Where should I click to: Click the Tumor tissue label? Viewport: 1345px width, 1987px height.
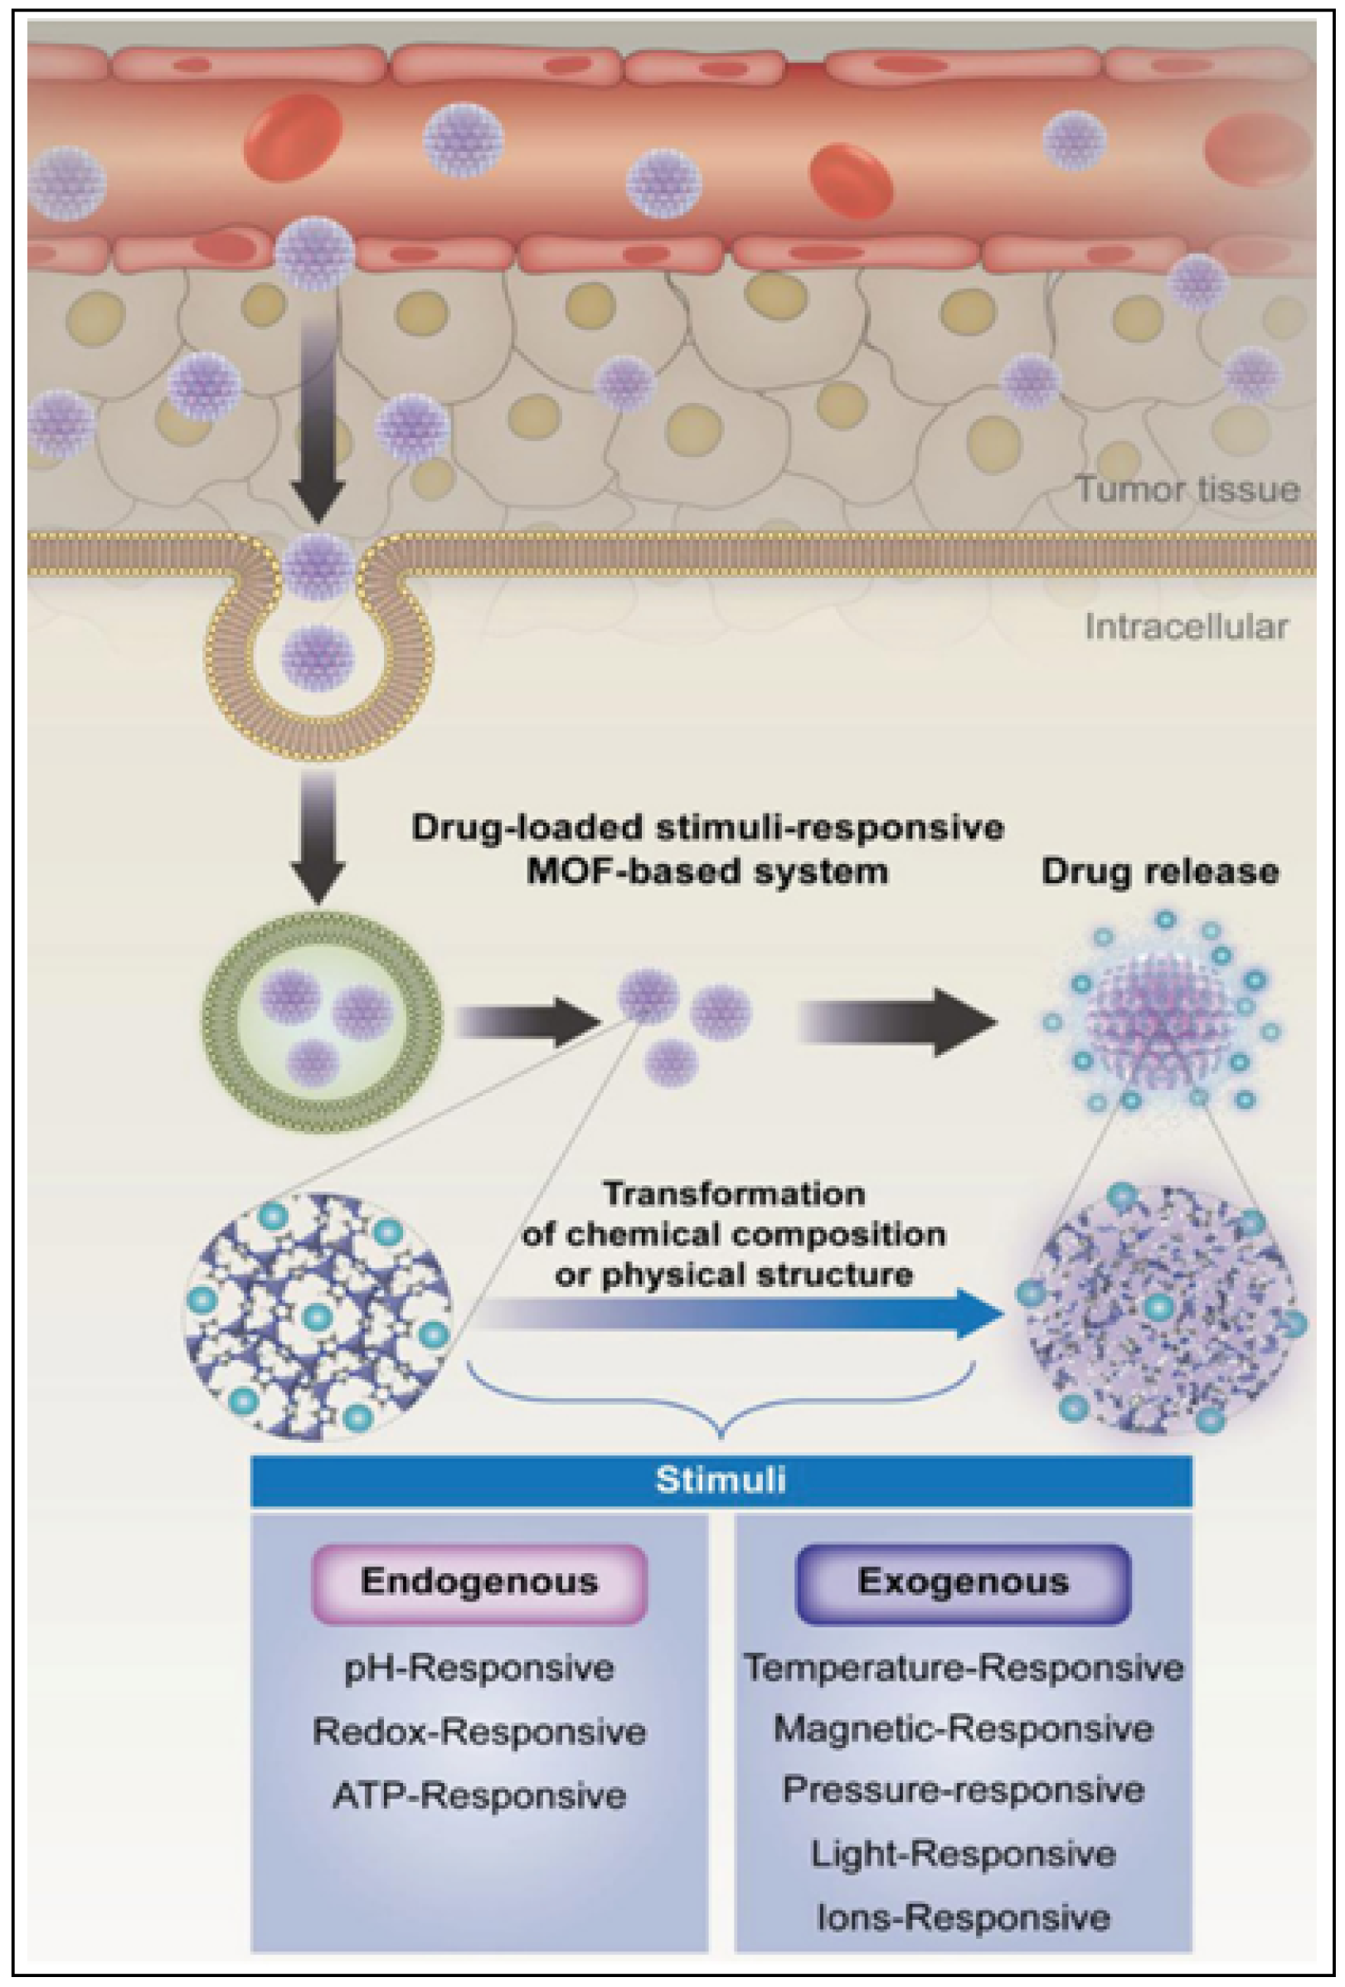click(1187, 490)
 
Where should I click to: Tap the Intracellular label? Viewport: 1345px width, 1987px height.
click(1186, 627)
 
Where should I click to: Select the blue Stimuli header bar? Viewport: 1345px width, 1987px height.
click(720, 1479)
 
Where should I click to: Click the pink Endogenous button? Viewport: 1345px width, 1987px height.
click(478, 1581)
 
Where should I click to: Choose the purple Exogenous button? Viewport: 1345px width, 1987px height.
click(963, 1581)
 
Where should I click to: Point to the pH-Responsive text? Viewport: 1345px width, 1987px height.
click(478, 1668)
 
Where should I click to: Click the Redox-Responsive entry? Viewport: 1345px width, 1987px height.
click(478, 1732)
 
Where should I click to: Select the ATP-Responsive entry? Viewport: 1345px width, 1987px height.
click(478, 1795)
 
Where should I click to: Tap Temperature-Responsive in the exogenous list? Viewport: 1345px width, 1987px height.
click(963, 1667)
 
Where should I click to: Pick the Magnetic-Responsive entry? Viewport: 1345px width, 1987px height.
click(963, 1729)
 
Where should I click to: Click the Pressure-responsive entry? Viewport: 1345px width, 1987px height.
click(963, 1790)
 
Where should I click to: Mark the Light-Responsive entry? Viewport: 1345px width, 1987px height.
click(963, 1853)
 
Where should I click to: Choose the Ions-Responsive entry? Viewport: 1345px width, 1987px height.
click(963, 1917)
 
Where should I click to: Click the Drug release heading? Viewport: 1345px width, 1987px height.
click(1159, 872)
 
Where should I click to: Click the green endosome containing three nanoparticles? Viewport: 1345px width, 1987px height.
click(323, 1021)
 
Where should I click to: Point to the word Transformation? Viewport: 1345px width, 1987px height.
click(734, 1193)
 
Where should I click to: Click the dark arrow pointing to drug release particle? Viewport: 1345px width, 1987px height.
click(898, 1022)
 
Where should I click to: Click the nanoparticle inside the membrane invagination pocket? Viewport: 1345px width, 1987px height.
click(318, 658)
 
